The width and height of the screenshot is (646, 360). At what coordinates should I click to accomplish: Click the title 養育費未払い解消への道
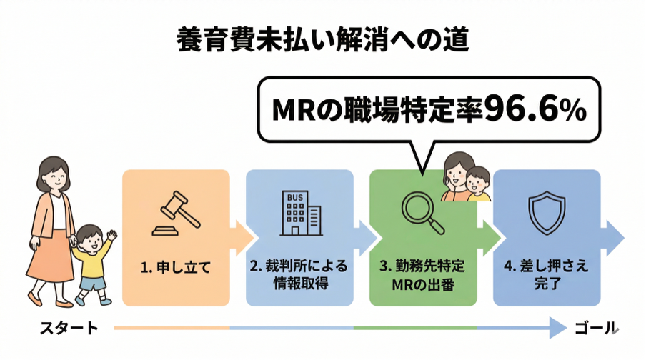(x=322, y=39)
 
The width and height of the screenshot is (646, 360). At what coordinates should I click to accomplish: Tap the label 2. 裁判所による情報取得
(x=299, y=274)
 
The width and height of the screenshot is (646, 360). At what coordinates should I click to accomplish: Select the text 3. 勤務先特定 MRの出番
(x=422, y=274)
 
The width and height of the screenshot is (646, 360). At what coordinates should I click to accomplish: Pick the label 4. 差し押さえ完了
(x=545, y=274)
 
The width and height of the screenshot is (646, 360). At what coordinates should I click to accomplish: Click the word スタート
(x=69, y=329)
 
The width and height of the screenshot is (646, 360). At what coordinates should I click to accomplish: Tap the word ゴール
(x=595, y=329)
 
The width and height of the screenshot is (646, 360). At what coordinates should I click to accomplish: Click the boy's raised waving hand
(x=111, y=235)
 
